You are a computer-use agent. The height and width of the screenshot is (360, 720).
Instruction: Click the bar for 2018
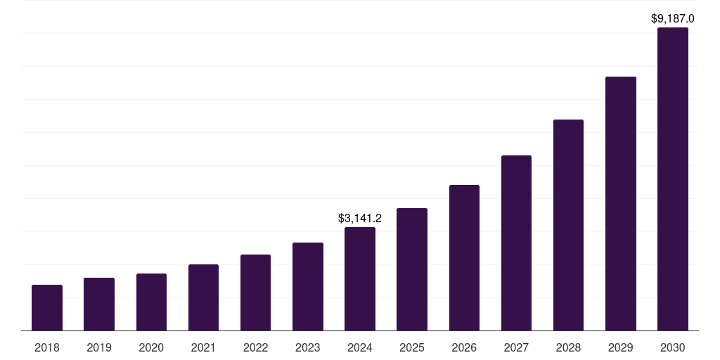tap(47, 308)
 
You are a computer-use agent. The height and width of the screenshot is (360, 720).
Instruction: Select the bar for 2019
tap(99, 304)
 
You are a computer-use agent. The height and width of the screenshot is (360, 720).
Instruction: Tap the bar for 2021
tap(203, 297)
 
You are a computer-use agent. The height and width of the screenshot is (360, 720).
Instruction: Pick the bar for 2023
tap(308, 287)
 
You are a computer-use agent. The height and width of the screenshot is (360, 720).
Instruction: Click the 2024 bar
tap(360, 279)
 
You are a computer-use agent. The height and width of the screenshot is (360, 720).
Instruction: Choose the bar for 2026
tap(464, 258)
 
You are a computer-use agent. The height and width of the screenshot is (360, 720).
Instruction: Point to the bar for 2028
tap(568, 225)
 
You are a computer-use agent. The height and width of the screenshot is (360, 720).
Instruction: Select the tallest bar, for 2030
tap(673, 179)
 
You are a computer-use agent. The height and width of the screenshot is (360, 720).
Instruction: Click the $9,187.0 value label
tap(673, 19)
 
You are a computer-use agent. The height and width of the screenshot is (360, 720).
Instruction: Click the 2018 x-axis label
tap(47, 347)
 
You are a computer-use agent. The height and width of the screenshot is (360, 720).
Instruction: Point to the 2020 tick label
tap(151, 347)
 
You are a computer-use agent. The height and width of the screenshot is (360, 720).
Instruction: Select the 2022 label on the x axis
tap(255, 347)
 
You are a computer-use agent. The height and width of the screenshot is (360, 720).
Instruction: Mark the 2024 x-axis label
tap(360, 347)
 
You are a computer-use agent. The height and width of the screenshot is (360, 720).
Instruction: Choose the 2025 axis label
tap(412, 347)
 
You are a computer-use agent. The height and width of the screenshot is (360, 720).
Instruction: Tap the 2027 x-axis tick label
tap(516, 347)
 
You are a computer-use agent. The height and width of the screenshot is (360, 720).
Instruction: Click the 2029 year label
tap(620, 347)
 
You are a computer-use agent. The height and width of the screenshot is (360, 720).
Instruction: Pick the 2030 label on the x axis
tap(673, 347)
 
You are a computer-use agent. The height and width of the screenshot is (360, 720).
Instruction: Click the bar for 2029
tap(620, 204)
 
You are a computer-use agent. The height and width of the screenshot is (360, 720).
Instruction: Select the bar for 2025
tap(412, 269)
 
